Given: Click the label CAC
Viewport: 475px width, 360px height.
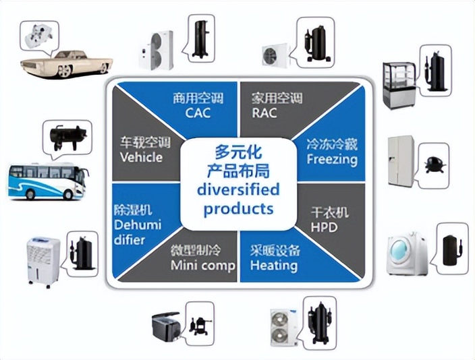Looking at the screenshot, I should pos(198,112).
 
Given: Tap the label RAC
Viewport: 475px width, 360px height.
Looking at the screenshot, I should pos(264,112).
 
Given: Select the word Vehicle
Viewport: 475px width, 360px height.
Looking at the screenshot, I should pos(141,157).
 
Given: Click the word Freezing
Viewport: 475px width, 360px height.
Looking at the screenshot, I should pos(331,159).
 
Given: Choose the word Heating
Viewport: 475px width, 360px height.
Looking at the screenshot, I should pos(274,265).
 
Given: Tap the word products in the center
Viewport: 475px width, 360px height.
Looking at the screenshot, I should pos(239,208).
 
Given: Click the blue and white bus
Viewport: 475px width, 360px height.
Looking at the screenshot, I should pos(47,180).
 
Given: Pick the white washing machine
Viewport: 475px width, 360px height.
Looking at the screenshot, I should pos(408,254).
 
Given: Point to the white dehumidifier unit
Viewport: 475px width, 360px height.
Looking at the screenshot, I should pos(43,262).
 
